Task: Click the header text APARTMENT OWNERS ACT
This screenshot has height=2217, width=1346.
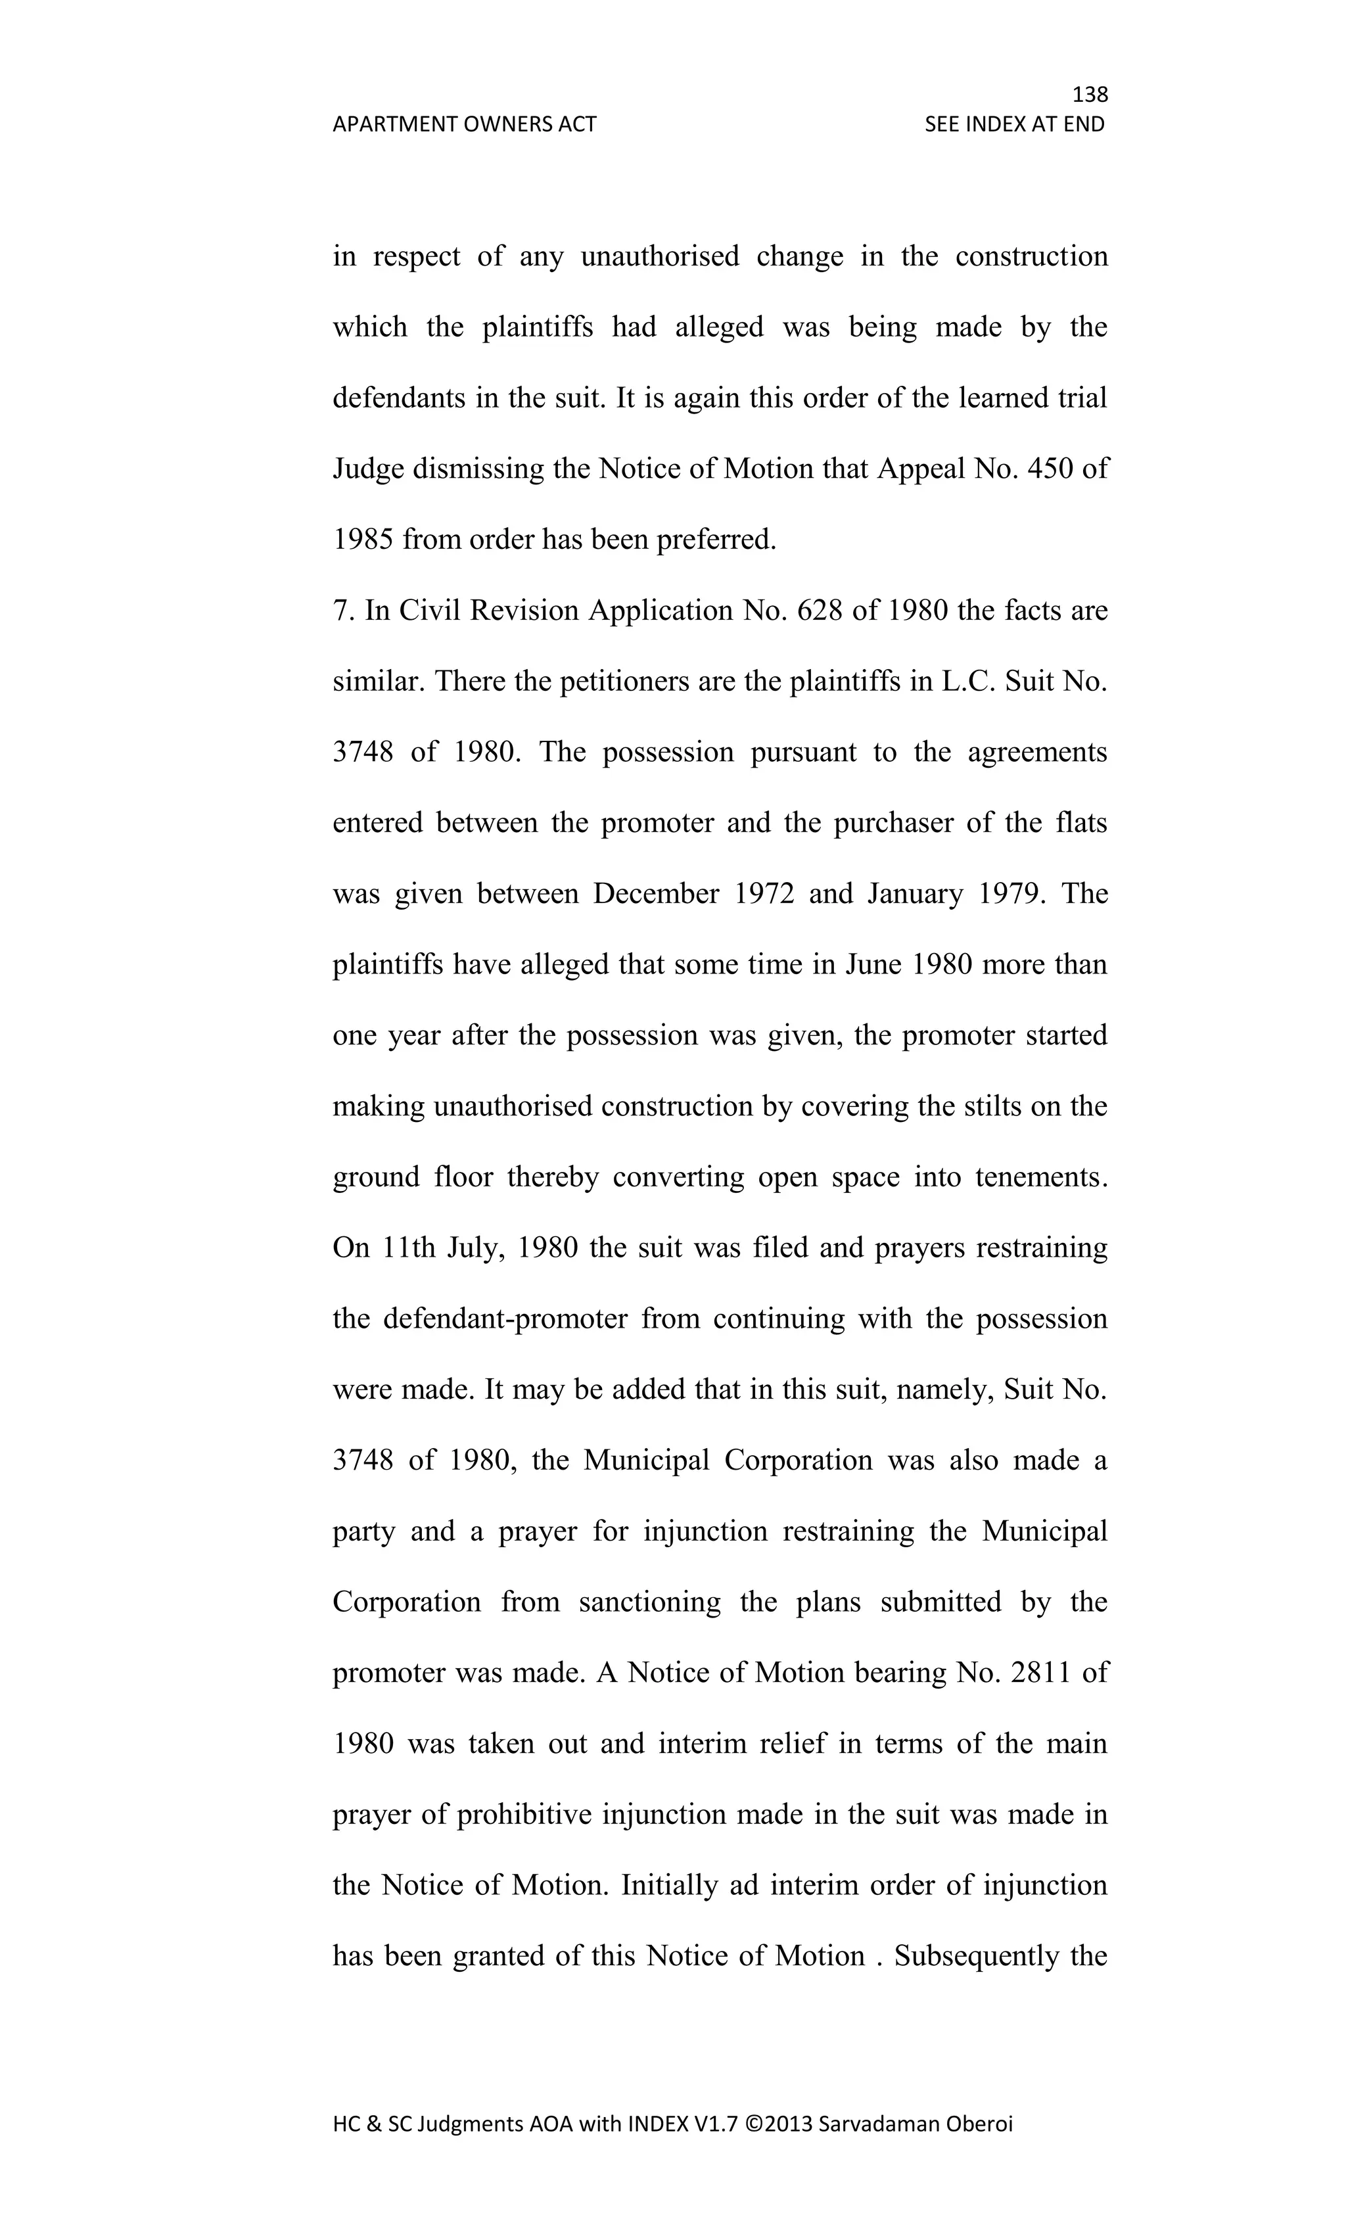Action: tap(464, 124)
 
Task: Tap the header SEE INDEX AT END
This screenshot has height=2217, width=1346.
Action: tap(1014, 124)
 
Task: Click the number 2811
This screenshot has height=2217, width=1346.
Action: tap(1041, 1673)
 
